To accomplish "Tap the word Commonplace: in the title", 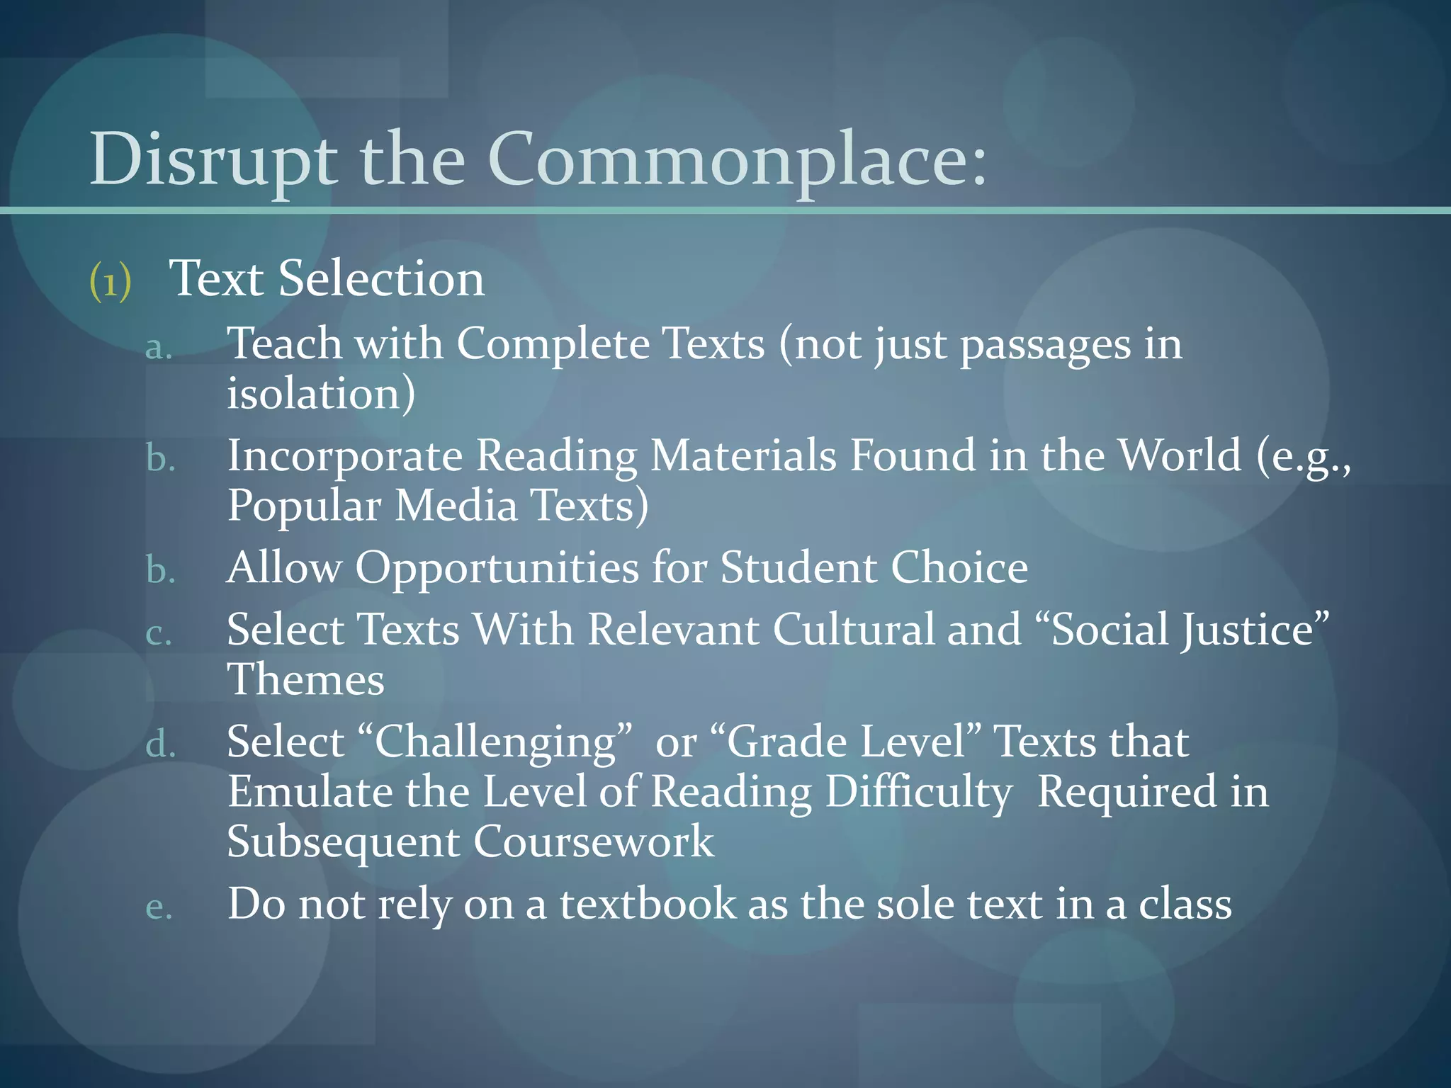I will (x=737, y=161).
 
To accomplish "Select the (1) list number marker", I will (x=111, y=281).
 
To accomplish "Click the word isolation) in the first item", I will (x=321, y=394).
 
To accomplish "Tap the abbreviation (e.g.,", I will (x=1304, y=457).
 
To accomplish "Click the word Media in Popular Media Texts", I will (x=456, y=506).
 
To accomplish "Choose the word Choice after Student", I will (x=959, y=568).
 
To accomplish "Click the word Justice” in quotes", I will (x=1255, y=630).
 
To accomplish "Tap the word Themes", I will (x=305, y=680).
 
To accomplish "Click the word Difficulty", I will (x=919, y=793).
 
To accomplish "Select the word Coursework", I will (x=594, y=842).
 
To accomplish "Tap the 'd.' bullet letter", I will (x=160, y=745).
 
